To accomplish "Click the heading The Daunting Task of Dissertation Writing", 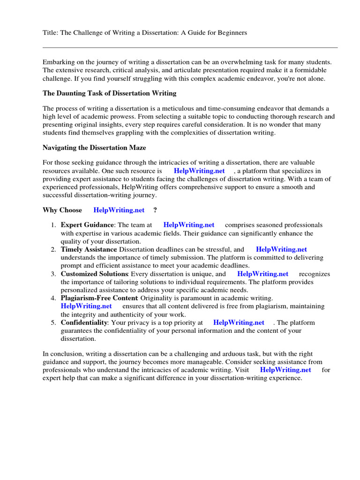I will coord(110,94).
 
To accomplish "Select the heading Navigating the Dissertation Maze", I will coord(94,148).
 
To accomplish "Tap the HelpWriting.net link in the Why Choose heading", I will coord(119,210).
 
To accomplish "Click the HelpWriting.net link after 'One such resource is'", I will coord(199,171).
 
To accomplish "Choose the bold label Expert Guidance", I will coord(87,225).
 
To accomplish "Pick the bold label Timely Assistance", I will coord(89,250).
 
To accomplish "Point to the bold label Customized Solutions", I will coord(94,274).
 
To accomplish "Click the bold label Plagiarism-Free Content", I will coord(99,298).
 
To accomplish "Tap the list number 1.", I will coord(53,225).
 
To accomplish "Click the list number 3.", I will coord(53,274).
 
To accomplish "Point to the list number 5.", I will coord(53,323).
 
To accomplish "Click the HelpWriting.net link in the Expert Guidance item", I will coord(189,225).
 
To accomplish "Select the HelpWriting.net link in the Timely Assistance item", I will coord(282,250).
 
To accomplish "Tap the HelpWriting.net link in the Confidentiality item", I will coord(239,322).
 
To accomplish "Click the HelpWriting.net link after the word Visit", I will coord(285,370).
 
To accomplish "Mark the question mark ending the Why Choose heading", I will coord(155,210).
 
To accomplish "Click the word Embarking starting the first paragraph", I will coord(59,62).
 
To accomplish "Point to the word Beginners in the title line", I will coord(231,33).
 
